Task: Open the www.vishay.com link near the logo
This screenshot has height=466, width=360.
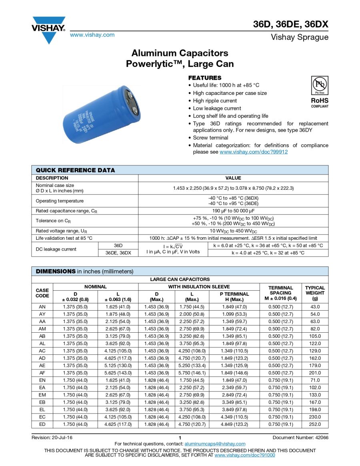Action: (92, 35)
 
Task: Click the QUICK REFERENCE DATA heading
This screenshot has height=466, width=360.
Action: (75, 170)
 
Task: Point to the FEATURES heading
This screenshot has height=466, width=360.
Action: (204, 78)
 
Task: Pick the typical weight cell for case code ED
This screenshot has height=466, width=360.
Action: (315, 424)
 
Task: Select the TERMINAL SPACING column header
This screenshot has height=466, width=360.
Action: (280, 293)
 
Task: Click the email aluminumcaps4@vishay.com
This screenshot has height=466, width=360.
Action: (215, 444)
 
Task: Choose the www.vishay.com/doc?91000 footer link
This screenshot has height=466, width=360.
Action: (245, 455)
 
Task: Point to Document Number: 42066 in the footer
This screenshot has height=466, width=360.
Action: (300, 438)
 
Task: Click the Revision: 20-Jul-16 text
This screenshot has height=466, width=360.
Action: (52, 438)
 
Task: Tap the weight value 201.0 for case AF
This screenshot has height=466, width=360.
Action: (315, 373)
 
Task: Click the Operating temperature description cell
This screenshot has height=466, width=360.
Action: (60, 201)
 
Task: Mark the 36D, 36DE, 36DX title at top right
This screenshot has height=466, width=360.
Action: (290, 24)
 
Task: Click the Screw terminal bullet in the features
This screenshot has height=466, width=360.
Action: (210, 138)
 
